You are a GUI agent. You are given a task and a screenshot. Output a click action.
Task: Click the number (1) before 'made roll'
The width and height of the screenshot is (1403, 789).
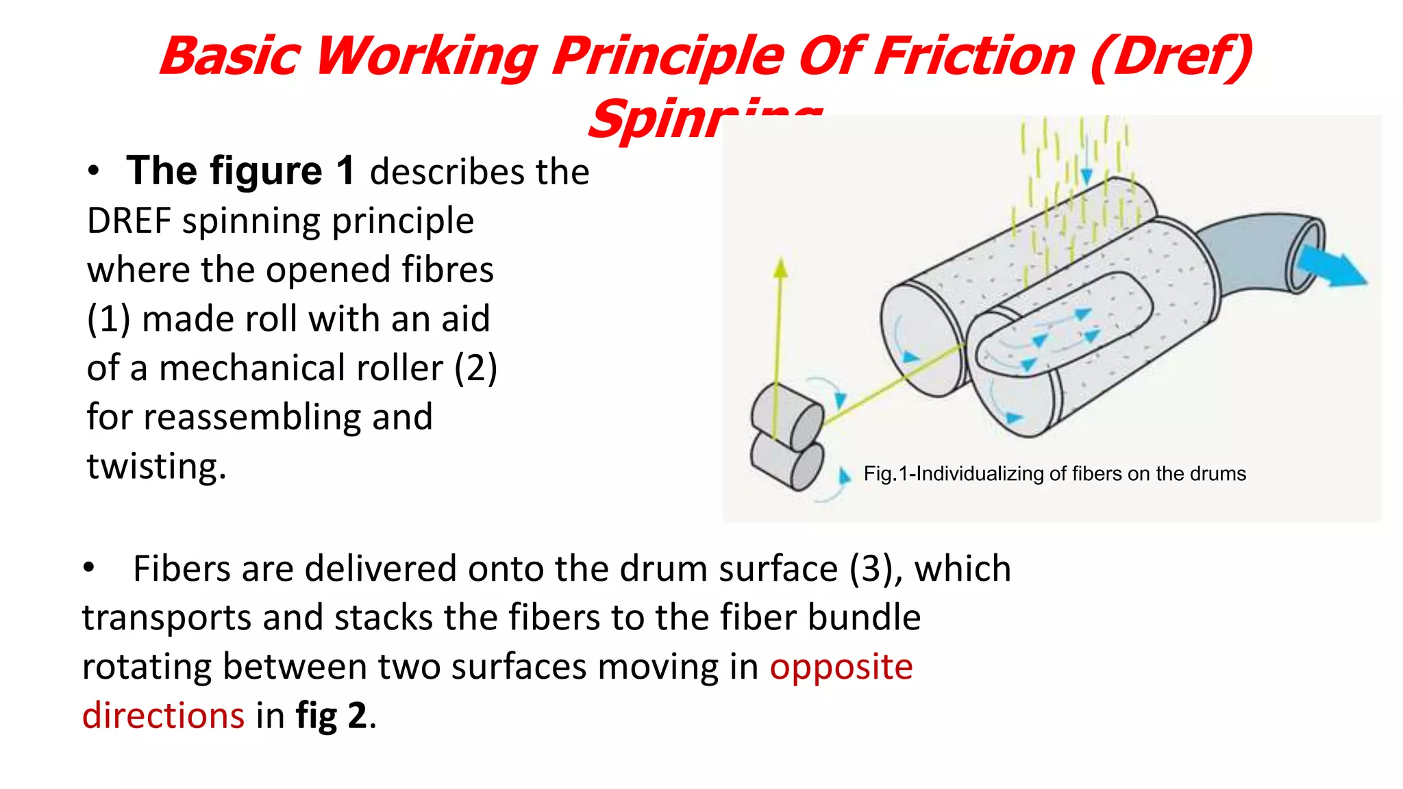[x=108, y=319]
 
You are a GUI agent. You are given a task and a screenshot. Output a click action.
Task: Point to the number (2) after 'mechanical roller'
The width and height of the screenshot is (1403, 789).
[x=476, y=368]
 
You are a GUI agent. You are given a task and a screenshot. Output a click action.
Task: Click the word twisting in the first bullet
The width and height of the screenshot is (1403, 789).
[x=156, y=467]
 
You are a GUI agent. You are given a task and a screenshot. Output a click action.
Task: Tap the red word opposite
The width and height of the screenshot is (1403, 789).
[x=841, y=667]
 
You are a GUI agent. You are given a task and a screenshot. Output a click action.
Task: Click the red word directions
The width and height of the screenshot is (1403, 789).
[x=163, y=716]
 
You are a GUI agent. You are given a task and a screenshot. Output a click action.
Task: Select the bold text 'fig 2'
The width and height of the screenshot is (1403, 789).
[x=332, y=716]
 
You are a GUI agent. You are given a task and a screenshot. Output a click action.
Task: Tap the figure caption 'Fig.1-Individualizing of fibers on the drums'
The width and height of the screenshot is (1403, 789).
[x=1054, y=474]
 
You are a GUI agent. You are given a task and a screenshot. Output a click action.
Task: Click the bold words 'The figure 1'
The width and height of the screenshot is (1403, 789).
[x=240, y=171]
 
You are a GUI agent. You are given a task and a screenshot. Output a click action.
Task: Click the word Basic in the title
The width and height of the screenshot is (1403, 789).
[x=230, y=56]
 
